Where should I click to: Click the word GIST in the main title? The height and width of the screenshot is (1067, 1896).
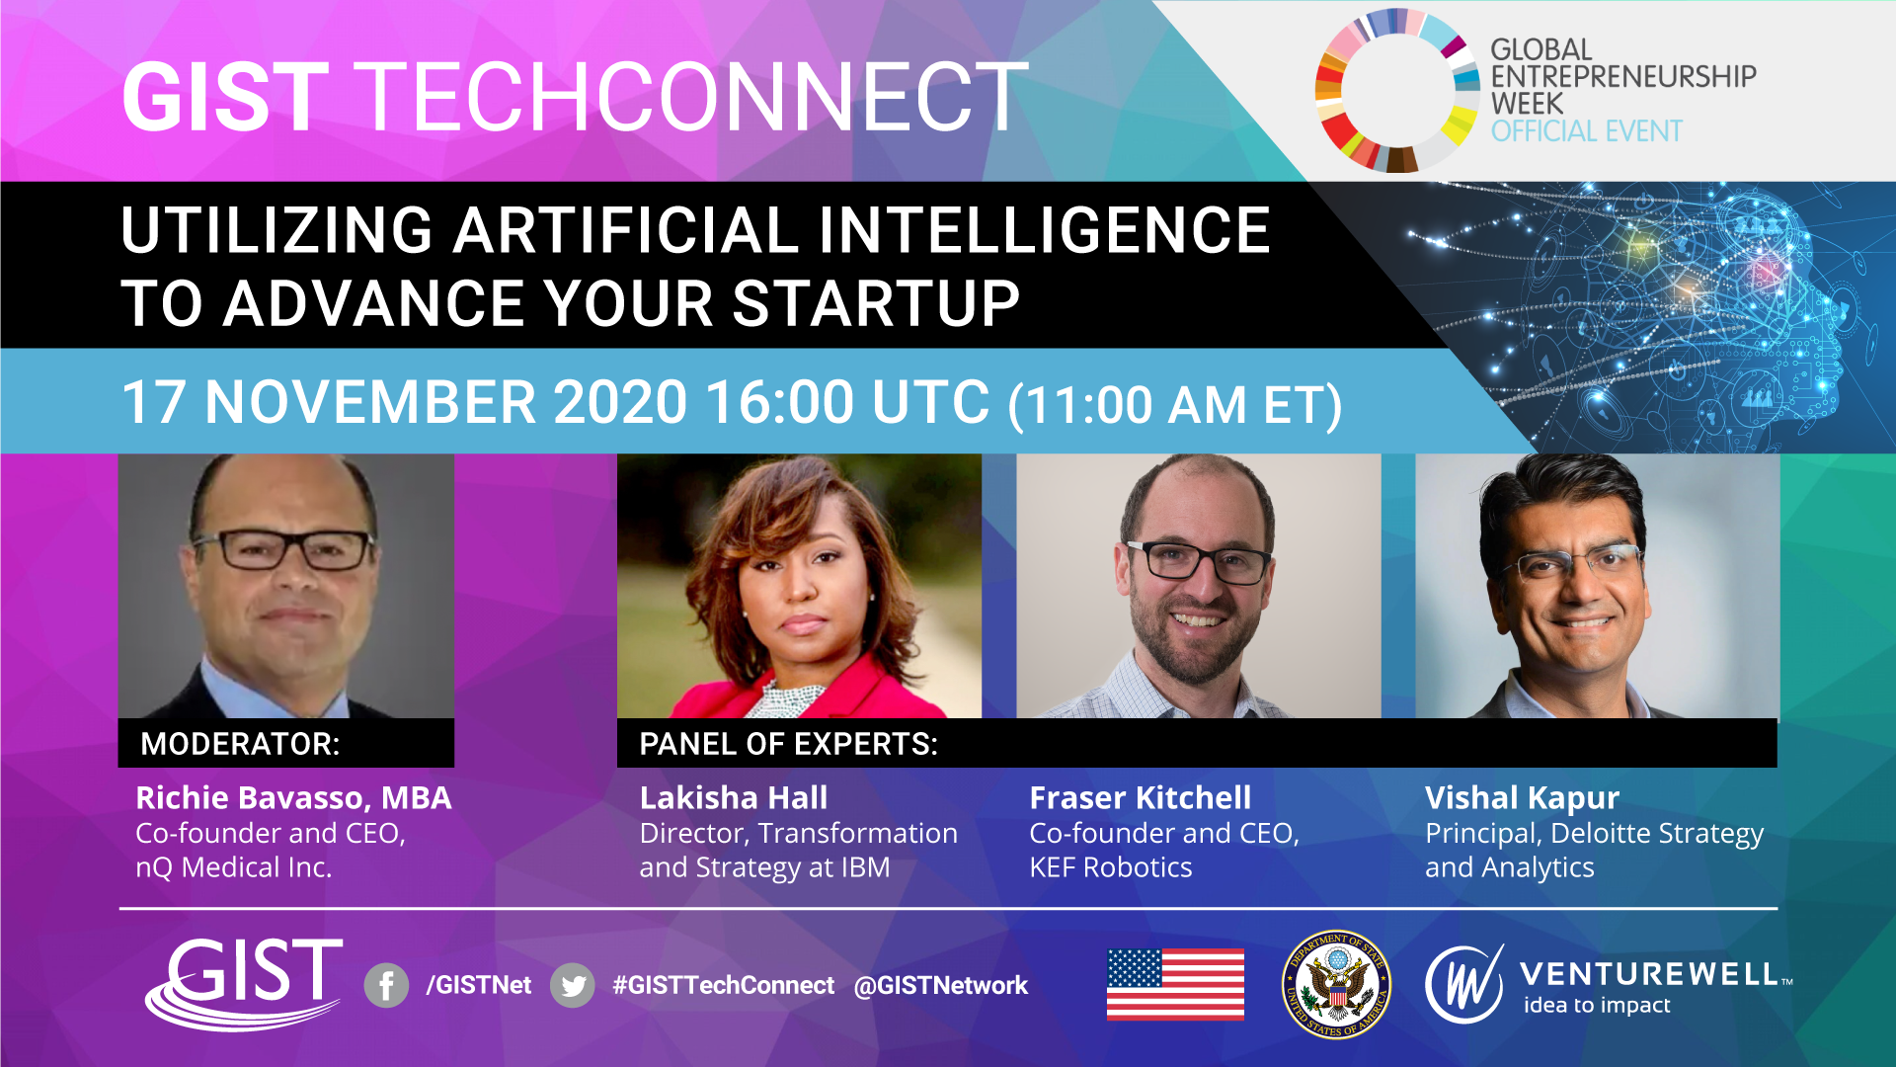pos(225,97)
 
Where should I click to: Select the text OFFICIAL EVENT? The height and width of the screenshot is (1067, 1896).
pos(1587,131)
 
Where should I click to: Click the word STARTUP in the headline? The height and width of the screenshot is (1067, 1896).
pos(876,303)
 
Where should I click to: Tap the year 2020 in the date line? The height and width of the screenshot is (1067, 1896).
pos(619,402)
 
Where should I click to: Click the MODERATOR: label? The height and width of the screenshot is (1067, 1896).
pos(240,744)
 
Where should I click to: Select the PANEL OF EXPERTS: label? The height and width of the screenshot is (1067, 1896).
pos(788,744)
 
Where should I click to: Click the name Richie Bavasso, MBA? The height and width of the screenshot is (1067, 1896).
pos(293,797)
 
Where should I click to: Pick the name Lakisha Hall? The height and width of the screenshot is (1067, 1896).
pos(734,797)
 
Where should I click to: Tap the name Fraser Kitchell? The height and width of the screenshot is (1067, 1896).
pos(1141,797)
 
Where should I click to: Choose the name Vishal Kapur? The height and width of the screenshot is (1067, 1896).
pos(1522,798)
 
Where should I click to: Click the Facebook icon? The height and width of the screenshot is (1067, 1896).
pos(386,985)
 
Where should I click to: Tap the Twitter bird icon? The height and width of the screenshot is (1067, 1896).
pos(573,985)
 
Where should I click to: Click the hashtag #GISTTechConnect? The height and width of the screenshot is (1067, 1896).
pos(723,985)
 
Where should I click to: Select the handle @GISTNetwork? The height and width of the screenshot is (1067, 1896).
pos(940,985)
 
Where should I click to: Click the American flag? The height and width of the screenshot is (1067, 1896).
pos(1175,984)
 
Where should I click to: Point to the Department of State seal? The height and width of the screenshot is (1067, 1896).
pos(1336,985)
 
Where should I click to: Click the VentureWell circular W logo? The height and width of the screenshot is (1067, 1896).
pos(1463,984)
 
